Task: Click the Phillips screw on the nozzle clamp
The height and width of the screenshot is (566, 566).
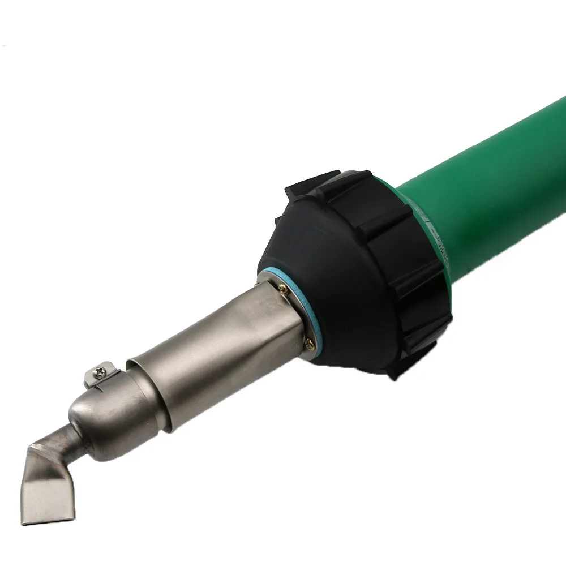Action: (x=98, y=372)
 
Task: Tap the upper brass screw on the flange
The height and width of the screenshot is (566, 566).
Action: (x=282, y=289)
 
